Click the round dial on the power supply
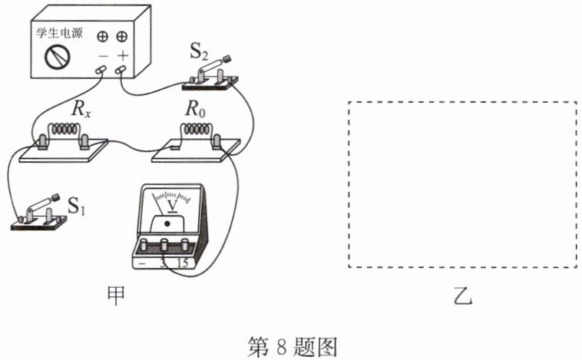pos(58,57)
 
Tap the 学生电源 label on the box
pos(59,33)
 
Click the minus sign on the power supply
pos(103,56)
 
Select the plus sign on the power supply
pos(123,56)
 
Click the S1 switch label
pos(77,206)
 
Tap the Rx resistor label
pos(81,109)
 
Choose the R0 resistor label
pos(196,109)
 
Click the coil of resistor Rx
pos(65,129)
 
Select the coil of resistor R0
pos(197,129)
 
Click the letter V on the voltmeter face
pos(172,205)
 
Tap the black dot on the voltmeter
pos(167,223)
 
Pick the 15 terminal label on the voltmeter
pos(183,263)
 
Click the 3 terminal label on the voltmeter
pos(163,263)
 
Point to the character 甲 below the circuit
pos(116,296)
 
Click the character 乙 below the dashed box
pos(463,296)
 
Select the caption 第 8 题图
pos(293,347)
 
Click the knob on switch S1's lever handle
pos(56,197)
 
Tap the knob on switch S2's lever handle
pos(227,58)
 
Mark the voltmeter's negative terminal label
pos(142,263)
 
